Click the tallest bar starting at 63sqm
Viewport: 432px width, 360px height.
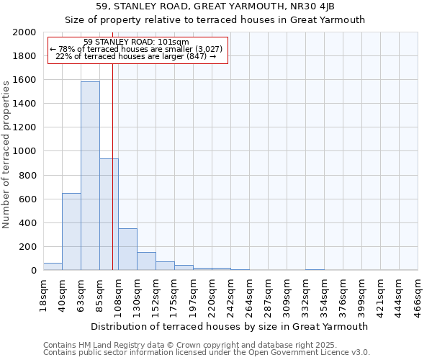(x=90, y=176)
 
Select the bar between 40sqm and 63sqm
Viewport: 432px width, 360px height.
(x=71, y=231)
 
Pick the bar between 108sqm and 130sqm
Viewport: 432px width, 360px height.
(x=127, y=249)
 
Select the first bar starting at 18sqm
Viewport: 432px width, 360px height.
(x=53, y=266)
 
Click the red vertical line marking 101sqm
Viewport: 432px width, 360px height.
(x=113, y=166)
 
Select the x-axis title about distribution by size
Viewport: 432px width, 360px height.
(x=230, y=326)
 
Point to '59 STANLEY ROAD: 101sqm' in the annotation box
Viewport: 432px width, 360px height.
(x=136, y=42)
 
